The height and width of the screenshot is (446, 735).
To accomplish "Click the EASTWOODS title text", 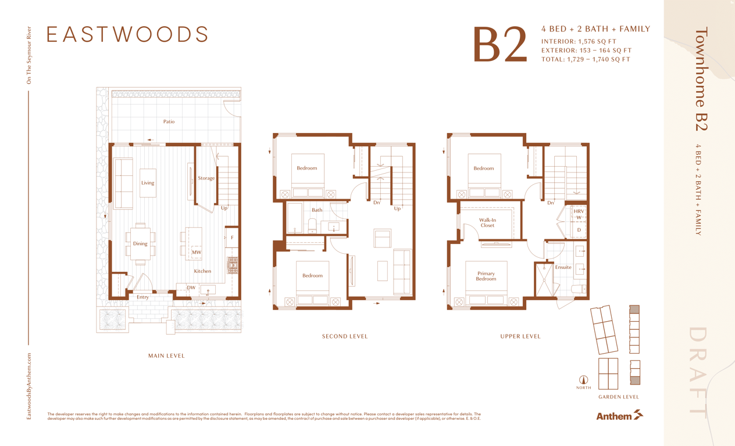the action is click(127, 34).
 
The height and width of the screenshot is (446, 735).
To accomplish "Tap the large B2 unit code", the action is click(500, 45).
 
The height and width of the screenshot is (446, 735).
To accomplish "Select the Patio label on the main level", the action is click(169, 121).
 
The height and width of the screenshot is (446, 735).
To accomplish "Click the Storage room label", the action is click(206, 178).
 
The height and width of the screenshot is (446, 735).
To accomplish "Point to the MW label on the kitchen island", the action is click(196, 253).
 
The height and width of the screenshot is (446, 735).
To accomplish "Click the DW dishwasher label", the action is click(191, 287).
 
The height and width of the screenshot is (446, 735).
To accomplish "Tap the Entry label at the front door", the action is click(142, 297).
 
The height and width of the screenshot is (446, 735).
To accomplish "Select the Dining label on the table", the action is click(140, 244).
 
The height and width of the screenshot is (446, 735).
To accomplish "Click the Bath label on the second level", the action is click(317, 210).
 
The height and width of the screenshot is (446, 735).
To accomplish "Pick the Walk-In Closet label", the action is click(487, 223).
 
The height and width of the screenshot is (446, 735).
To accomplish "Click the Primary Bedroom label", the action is click(486, 276).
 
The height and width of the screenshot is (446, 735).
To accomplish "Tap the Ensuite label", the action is click(563, 267).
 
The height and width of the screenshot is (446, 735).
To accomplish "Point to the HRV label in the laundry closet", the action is click(579, 211).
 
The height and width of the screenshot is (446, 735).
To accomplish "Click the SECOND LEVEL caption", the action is click(345, 337).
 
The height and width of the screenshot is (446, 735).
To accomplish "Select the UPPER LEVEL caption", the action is click(520, 337).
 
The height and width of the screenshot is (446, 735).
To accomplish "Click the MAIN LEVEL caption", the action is click(166, 356).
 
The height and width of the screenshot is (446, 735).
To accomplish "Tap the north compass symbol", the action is click(583, 380).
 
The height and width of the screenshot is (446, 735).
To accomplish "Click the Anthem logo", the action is click(619, 416).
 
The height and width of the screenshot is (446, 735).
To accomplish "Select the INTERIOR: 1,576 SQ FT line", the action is click(579, 42).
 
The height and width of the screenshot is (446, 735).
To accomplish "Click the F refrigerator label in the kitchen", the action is click(232, 238).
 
